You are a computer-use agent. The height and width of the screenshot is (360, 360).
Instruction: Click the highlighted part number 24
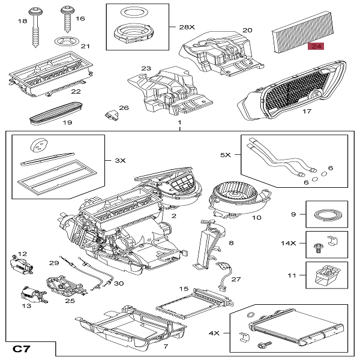[x=316, y=47]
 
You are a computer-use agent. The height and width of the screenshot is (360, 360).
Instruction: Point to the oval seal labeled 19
[x=58, y=112]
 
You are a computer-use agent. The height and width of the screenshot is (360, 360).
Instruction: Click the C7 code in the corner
[x=23, y=348]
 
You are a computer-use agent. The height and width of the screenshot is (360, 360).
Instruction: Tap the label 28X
[x=187, y=28]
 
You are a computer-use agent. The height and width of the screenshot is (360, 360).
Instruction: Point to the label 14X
[x=290, y=244]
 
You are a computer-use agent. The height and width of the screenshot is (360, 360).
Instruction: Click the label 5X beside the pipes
[x=225, y=154]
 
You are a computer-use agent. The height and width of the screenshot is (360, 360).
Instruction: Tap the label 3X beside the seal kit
[x=120, y=160]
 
